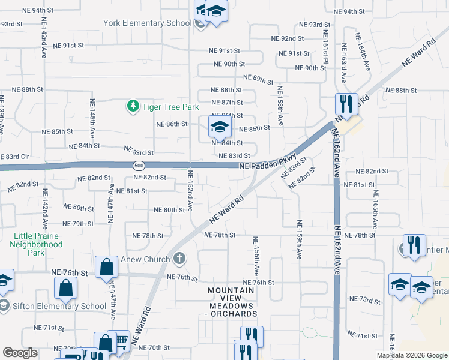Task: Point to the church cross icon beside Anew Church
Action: point(179,259)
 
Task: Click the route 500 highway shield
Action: point(139,165)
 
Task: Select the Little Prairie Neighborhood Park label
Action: point(36,244)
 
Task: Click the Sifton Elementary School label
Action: point(59,306)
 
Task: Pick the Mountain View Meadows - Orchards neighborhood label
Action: point(231,302)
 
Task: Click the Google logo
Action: point(20,353)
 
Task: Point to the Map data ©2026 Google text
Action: point(412,355)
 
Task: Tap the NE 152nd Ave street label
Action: point(190,191)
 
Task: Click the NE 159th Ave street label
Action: point(298,239)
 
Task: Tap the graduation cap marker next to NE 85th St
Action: point(220,127)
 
